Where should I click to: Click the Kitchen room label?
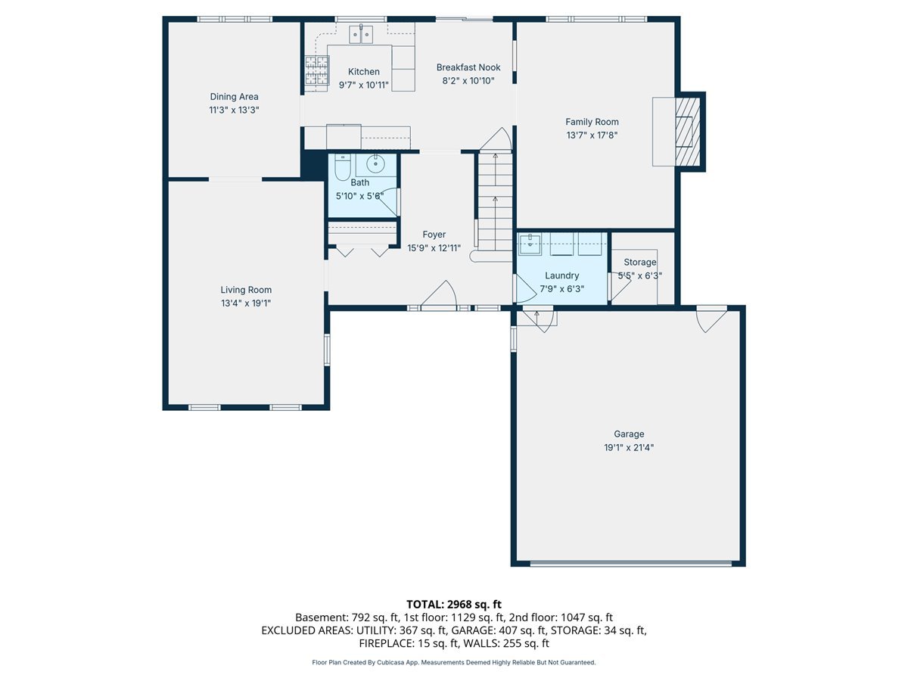coord(363,72)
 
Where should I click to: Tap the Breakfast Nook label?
coord(468,67)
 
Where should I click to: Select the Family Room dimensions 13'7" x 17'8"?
coord(592,135)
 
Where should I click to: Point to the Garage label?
coord(628,434)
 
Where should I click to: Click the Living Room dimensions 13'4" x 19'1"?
coord(246,303)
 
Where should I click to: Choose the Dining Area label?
coord(234,96)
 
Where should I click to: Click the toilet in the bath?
coord(342,167)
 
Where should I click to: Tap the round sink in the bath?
coord(375,164)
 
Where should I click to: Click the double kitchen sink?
coord(361,34)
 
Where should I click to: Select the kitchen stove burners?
coord(317,70)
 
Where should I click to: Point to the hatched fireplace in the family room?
coord(688,132)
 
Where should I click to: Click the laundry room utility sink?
coord(530,244)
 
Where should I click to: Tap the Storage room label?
coord(639,262)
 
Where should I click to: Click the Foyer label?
coord(434,235)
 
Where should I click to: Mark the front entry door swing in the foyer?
coord(439,293)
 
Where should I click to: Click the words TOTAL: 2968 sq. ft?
coord(454,604)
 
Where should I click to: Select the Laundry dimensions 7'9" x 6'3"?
coord(561,288)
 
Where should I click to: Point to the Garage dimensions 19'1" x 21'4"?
coord(628,447)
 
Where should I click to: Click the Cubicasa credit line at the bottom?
coord(454,662)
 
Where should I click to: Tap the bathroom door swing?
coord(389,202)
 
